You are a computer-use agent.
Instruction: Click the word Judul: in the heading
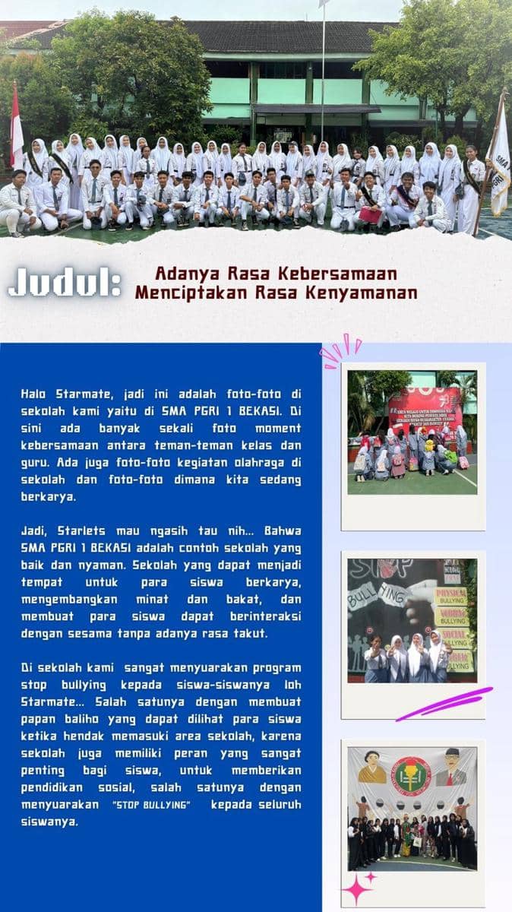[65, 283]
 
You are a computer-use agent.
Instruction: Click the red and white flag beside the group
[16, 126]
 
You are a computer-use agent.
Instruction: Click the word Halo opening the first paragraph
[36, 394]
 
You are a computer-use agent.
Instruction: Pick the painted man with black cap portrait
[452, 768]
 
